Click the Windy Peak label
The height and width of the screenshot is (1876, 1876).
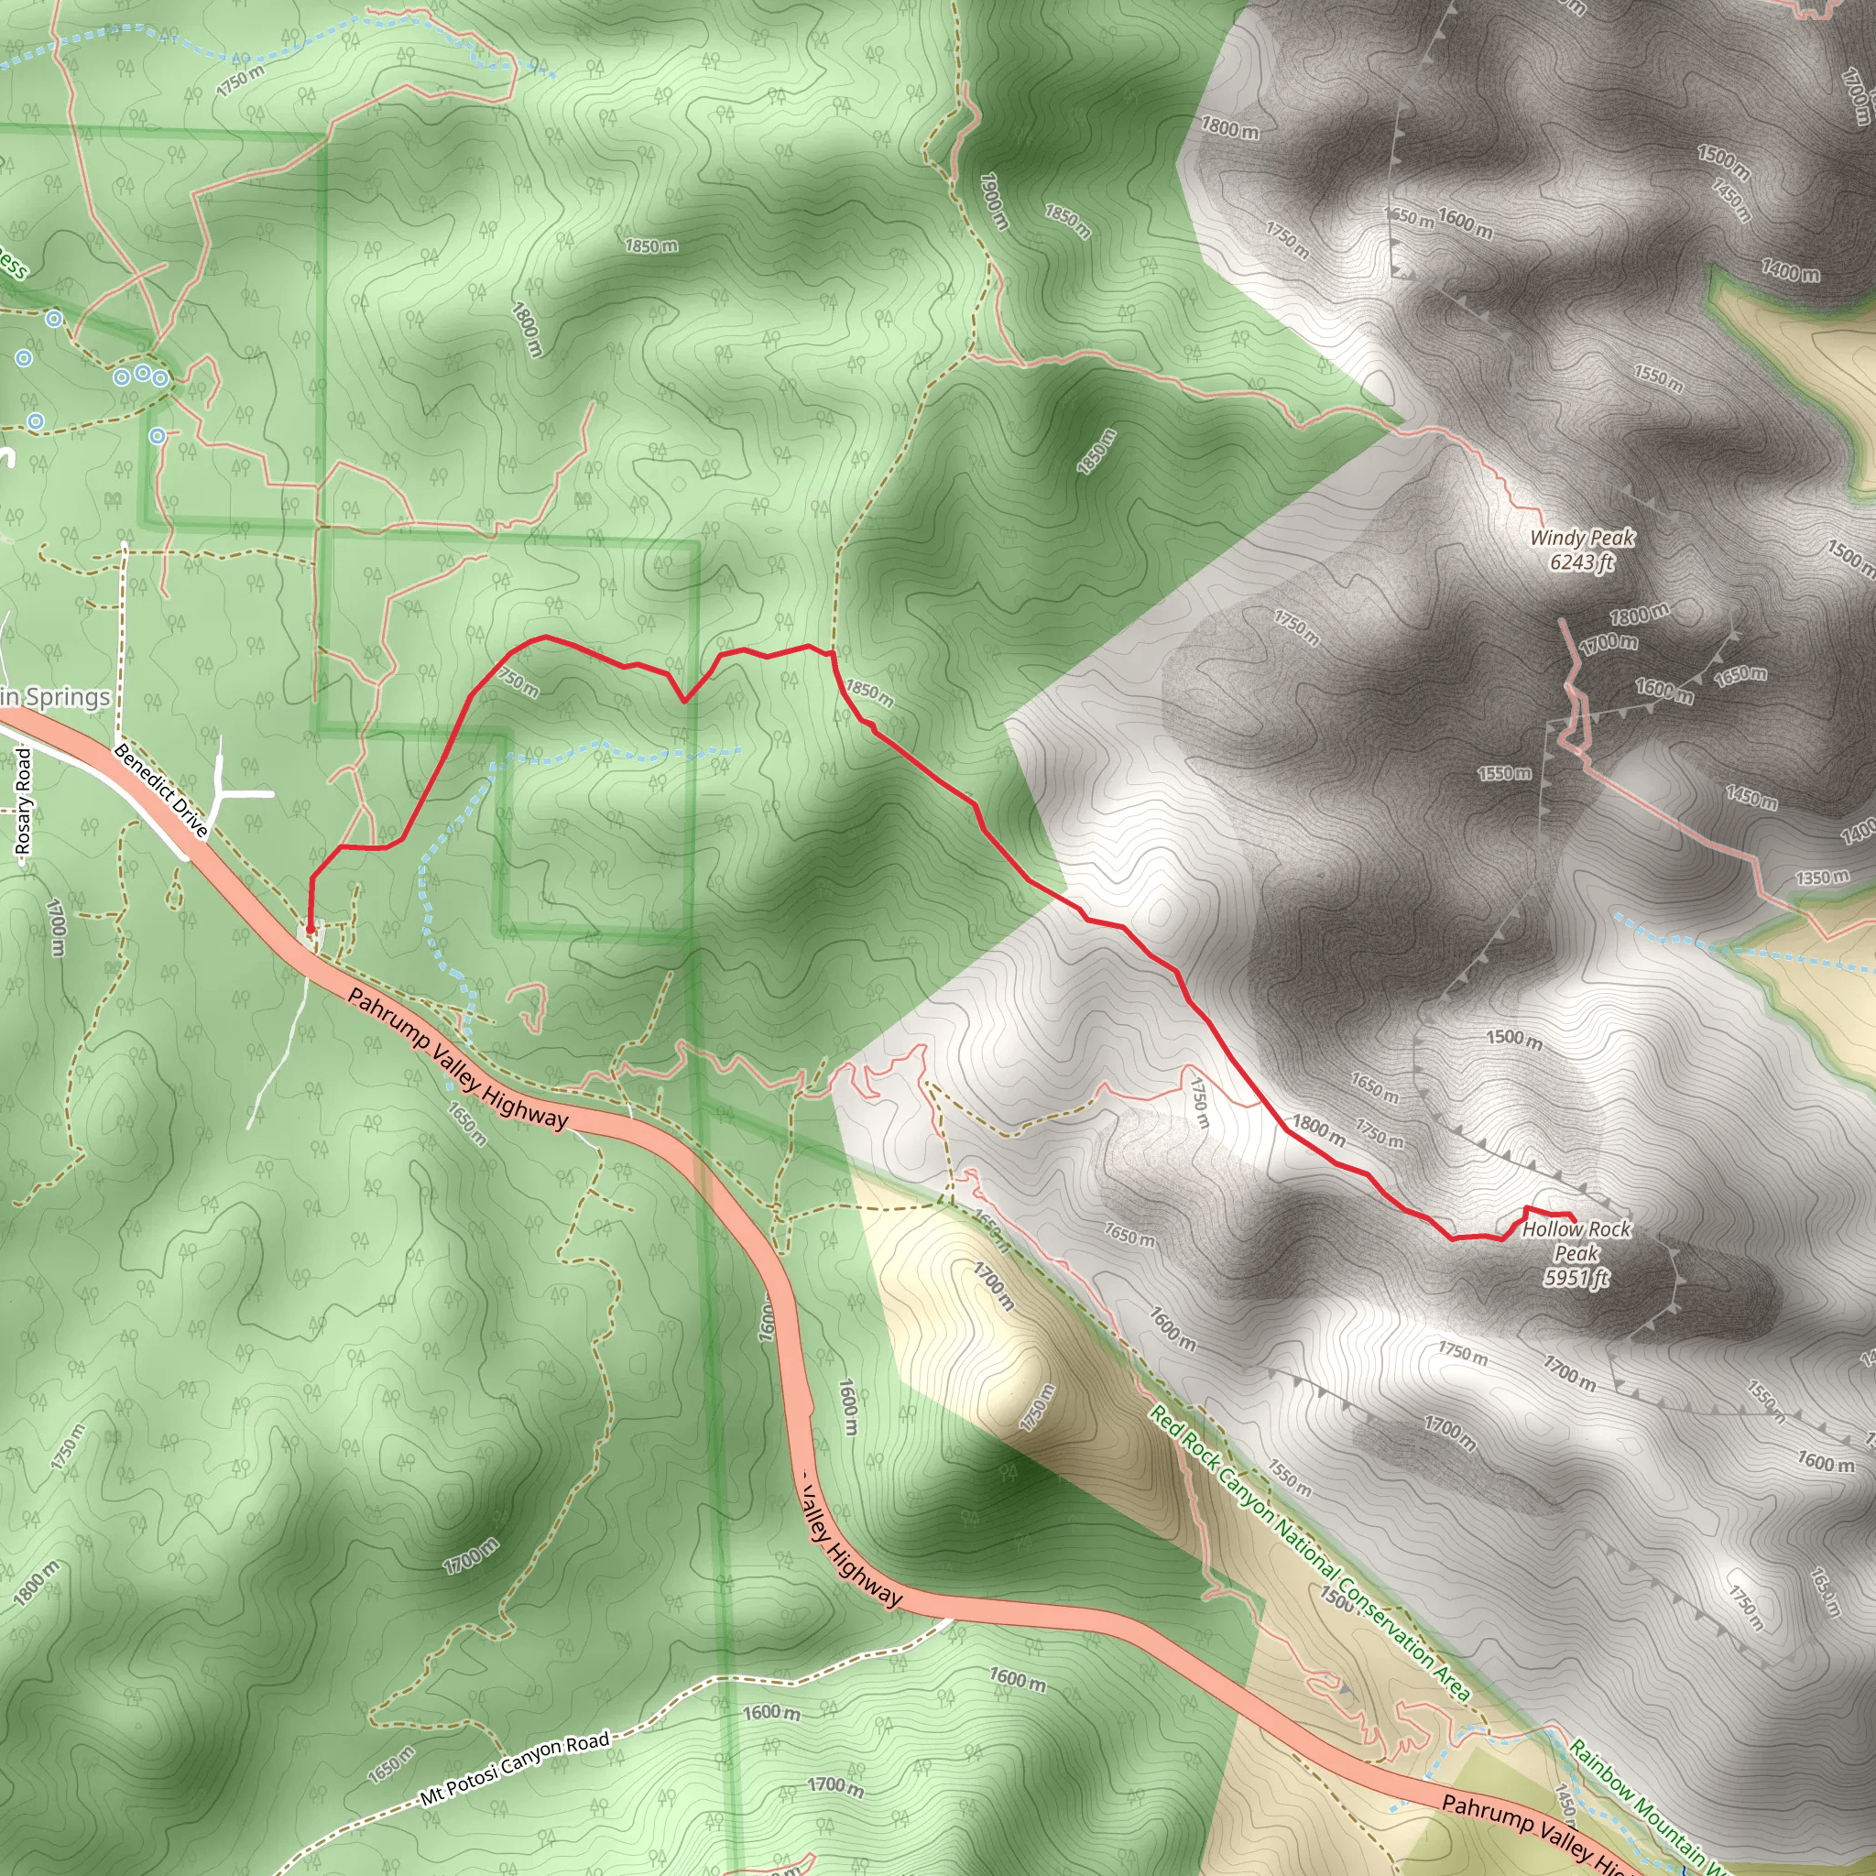[x=1582, y=538]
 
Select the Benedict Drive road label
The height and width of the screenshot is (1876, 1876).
[x=160, y=791]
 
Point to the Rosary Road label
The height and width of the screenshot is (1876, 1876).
[x=23, y=802]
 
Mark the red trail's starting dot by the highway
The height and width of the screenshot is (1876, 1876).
[x=310, y=929]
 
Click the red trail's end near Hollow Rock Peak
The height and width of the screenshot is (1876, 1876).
[x=1573, y=1219]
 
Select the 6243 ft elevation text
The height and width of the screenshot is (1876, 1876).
[x=1582, y=562]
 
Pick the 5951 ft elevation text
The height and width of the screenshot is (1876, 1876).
[x=1576, y=1278]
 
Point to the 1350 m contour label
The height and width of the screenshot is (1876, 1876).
[x=1822, y=878]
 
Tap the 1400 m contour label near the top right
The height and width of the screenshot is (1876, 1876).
[x=1791, y=272]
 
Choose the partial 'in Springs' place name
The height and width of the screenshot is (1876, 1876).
[x=55, y=697]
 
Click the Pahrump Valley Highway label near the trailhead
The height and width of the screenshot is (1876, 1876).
[x=456, y=1058]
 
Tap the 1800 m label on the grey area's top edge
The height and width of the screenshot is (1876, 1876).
[x=1229, y=127]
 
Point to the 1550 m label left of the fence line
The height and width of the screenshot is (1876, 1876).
[x=1504, y=773]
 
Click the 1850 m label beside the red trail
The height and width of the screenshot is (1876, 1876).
[x=869, y=693]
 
